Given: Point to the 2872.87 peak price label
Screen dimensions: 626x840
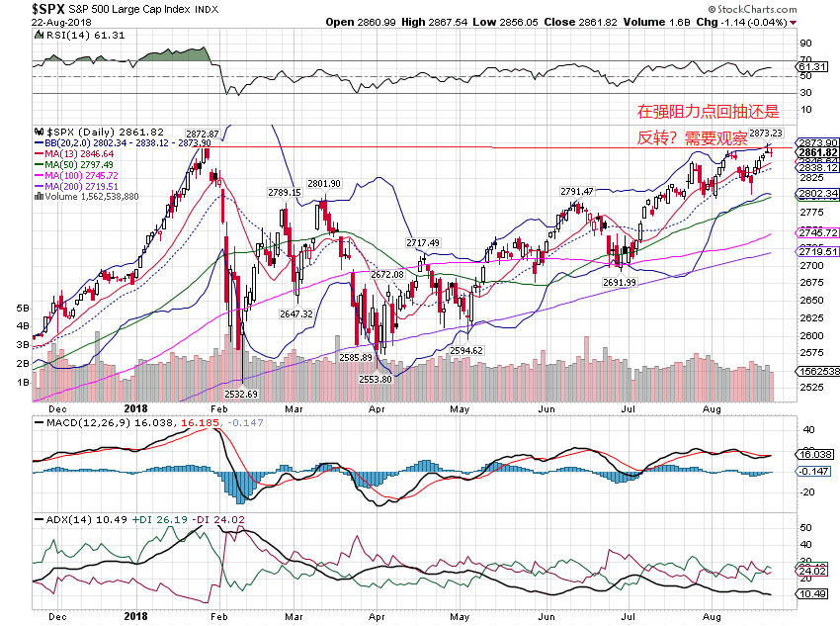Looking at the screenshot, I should click(x=202, y=133).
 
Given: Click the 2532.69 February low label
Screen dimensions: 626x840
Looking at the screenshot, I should click(x=241, y=394).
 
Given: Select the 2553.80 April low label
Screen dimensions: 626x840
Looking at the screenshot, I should click(x=375, y=379).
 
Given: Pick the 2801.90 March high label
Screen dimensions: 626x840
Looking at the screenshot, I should click(x=323, y=184).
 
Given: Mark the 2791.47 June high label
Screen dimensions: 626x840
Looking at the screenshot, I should click(x=576, y=191).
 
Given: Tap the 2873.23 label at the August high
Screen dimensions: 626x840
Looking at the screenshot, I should click(x=765, y=133).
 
